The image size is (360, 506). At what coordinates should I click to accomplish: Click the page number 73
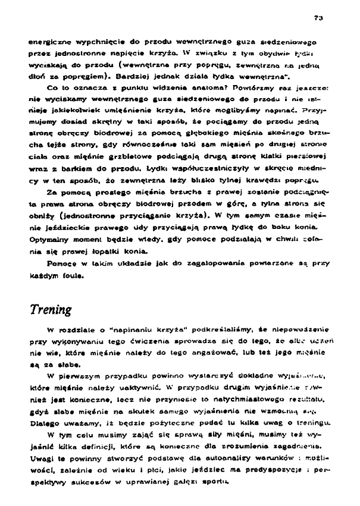coord(319,18)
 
